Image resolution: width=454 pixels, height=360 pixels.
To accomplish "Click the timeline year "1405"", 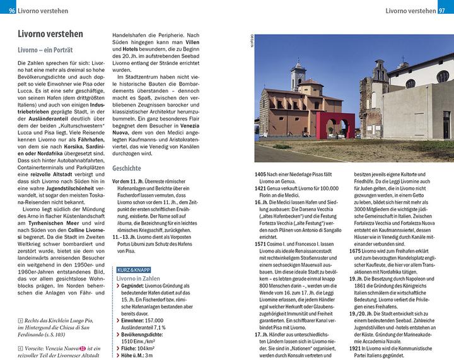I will tap(261, 174).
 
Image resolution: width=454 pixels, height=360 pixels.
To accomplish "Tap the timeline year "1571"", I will tap(261, 243).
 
